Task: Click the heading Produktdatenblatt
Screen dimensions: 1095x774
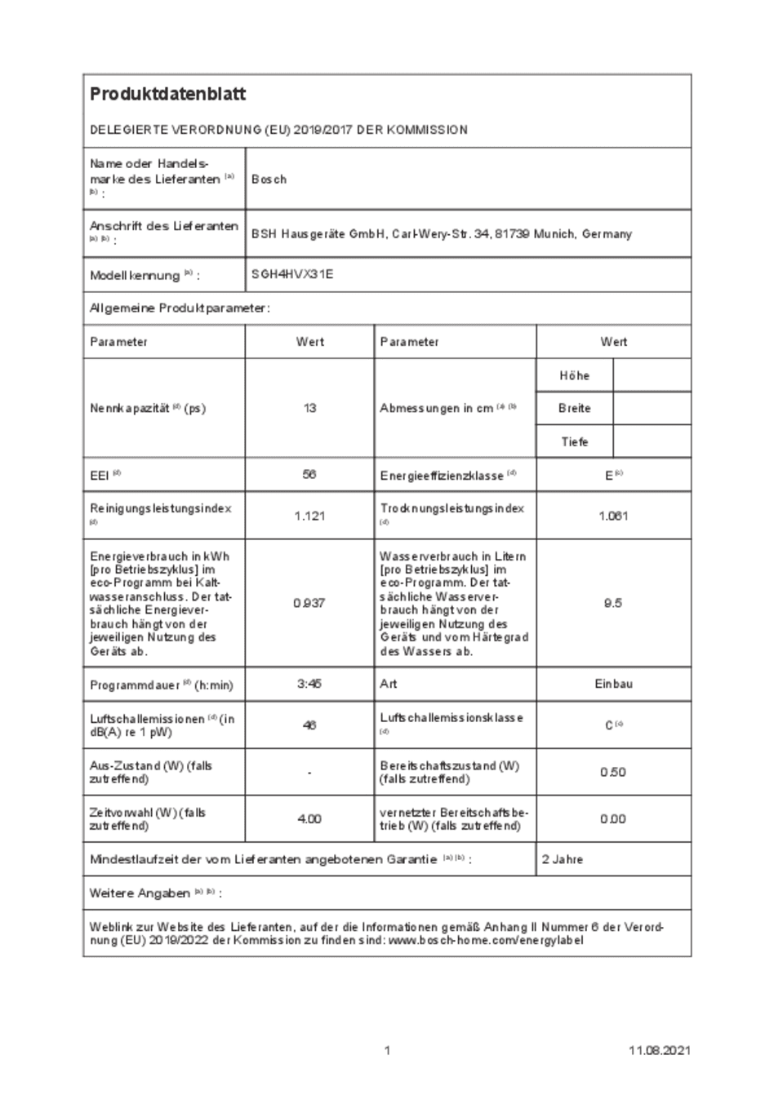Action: click(167, 95)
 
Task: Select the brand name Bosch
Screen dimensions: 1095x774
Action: click(269, 180)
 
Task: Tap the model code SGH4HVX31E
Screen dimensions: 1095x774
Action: click(292, 275)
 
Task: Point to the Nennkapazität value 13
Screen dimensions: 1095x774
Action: click(309, 408)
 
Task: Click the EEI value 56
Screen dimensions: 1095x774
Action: click(309, 474)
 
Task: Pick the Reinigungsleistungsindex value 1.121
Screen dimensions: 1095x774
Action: click(309, 516)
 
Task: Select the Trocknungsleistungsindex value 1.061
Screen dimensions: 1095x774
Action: click(613, 516)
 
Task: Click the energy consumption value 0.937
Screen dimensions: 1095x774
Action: click(309, 603)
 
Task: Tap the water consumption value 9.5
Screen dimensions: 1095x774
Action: click(613, 603)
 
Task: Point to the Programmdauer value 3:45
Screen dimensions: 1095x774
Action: click(309, 685)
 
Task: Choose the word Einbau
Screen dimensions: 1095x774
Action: click(613, 685)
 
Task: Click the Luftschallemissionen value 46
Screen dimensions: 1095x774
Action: click(309, 725)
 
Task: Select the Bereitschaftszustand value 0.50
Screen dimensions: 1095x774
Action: click(613, 772)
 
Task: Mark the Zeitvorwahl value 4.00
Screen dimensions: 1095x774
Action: click(309, 818)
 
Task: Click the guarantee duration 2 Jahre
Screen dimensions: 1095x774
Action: click(563, 859)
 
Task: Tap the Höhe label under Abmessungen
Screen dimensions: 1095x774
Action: click(574, 376)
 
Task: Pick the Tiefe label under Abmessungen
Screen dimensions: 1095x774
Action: click(574, 442)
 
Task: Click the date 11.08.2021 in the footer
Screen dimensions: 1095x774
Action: click(659, 1050)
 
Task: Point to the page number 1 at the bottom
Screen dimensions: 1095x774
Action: click(387, 1050)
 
